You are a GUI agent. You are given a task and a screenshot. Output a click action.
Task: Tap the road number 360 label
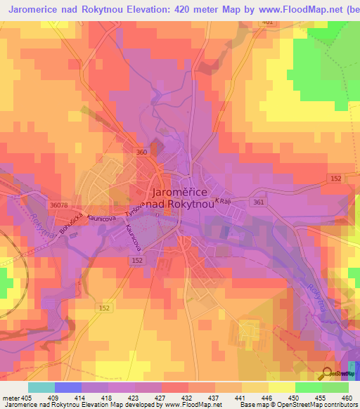[141, 152]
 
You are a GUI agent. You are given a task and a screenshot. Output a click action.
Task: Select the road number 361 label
[259, 202]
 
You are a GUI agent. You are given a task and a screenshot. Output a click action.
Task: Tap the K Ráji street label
[223, 202]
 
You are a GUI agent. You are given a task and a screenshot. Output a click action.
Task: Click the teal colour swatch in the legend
[41, 387]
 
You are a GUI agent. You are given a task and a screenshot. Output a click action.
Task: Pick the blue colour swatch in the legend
[67, 387]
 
